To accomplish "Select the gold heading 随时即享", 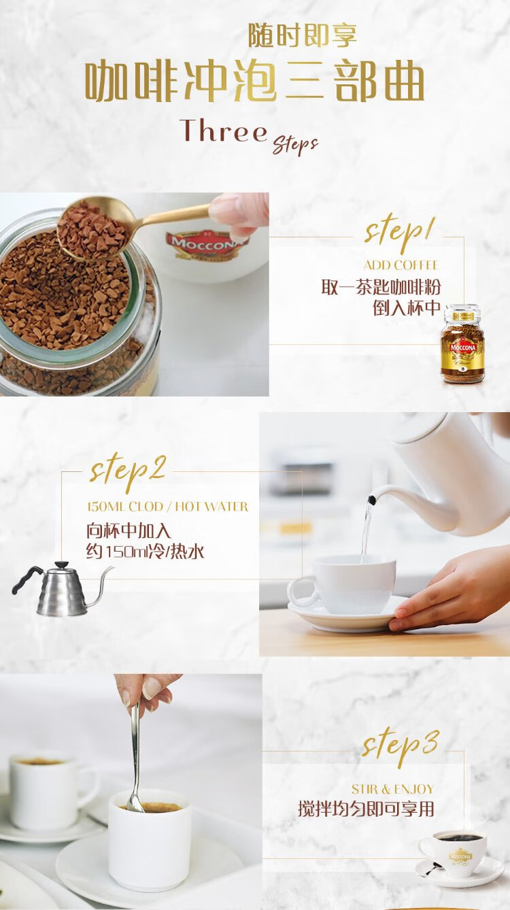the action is tap(303, 36).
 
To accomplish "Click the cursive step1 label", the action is tap(400, 233).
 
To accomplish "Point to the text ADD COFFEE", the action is tap(401, 265).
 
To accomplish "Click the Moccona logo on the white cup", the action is tap(207, 243).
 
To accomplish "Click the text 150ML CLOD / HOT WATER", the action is tap(168, 507).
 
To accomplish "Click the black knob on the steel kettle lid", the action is tap(62, 564).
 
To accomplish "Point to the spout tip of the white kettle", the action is tap(371, 499).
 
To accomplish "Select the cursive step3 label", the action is tap(401, 747).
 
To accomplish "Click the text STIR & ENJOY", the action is tap(392, 790).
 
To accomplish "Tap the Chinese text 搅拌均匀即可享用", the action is tap(366, 809).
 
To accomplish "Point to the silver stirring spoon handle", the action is tap(136, 756).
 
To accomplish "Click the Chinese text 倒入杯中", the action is tap(407, 307).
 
